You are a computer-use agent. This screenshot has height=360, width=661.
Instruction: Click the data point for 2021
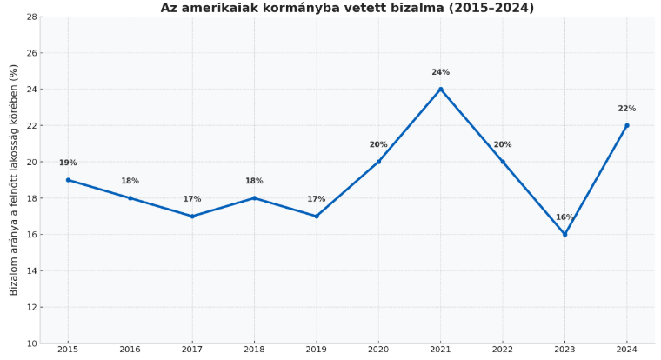[x=440, y=89]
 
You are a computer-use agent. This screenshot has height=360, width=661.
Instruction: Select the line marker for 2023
[x=564, y=234]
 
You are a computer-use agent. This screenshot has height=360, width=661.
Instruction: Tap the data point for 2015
[x=68, y=180]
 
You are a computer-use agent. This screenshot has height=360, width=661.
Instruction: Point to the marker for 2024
[x=626, y=125]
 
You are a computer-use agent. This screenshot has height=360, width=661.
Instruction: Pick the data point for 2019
[x=317, y=216]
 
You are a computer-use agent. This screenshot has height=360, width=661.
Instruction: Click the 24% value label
[x=440, y=72]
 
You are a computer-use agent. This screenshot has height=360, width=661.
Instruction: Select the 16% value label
[x=564, y=217]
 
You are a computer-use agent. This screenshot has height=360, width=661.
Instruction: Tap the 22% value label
[x=626, y=109]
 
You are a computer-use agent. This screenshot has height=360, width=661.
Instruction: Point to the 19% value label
[x=68, y=163]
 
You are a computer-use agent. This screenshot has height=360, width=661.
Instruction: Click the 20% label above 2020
[x=378, y=145]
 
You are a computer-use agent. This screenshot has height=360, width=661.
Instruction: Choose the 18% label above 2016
[x=130, y=181]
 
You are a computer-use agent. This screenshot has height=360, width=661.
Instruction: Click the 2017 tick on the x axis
[x=192, y=350]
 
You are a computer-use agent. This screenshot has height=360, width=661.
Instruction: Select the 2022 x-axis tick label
[x=503, y=350]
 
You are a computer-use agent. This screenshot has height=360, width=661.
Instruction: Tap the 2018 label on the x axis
[x=254, y=350]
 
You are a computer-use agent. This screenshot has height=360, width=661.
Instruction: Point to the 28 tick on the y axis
[x=32, y=17]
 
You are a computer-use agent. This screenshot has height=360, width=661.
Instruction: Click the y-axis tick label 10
[x=32, y=343]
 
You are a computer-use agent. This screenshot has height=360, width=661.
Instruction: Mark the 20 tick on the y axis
[x=32, y=162]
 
